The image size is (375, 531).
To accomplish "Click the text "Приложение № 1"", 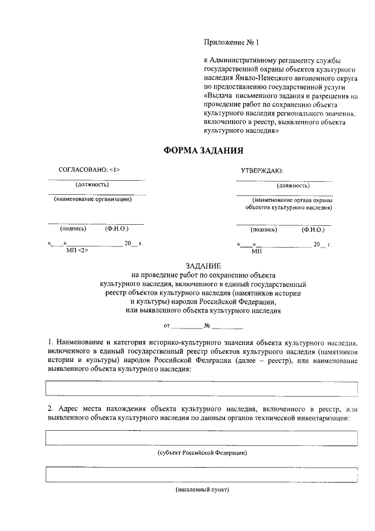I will (x=230, y=42).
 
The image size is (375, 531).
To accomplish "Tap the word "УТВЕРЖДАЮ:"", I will (x=262, y=171).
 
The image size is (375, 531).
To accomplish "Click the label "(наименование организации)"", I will (x=93, y=199).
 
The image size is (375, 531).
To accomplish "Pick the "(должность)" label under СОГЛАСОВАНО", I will (x=93, y=185).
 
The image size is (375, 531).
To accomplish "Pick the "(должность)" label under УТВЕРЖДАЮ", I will (x=294, y=185).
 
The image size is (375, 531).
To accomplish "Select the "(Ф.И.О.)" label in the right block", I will (x=313, y=229).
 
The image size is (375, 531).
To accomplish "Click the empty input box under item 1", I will (x=202, y=388).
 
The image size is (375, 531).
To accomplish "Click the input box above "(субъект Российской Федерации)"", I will (x=202, y=438).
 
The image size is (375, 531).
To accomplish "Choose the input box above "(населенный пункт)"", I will (x=202, y=474).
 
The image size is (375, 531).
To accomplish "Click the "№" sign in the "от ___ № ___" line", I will (x=207, y=324).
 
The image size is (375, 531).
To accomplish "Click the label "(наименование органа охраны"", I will (x=289, y=200).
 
